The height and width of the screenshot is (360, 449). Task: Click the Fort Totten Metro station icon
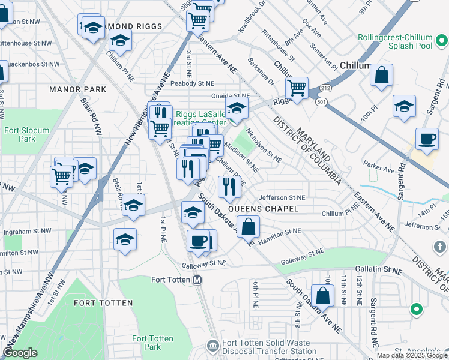[x=197, y=280]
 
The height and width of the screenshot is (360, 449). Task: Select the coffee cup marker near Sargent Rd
[x=427, y=139]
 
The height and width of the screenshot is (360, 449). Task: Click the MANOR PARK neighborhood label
[x=78, y=89]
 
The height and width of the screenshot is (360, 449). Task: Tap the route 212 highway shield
[x=325, y=89]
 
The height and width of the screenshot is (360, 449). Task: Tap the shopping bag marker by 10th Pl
[x=381, y=76]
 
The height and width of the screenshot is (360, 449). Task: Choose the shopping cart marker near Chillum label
[x=297, y=89]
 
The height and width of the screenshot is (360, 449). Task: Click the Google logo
[x=20, y=353]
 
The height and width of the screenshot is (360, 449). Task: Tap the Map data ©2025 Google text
[x=412, y=355]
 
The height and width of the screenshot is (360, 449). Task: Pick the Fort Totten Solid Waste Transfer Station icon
[x=212, y=346]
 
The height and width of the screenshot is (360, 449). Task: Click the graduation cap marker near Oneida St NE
[x=237, y=109]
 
